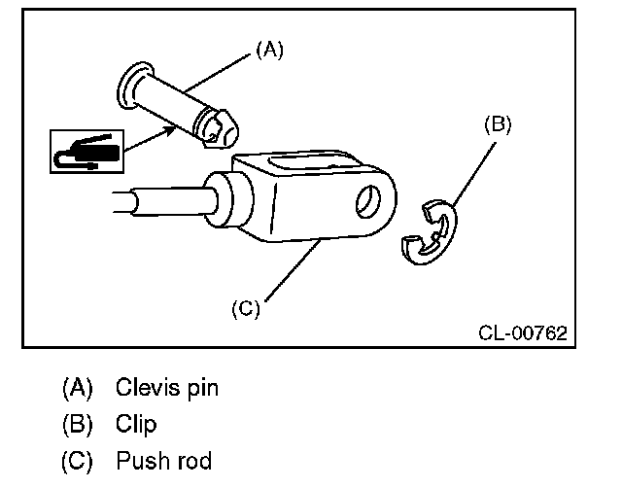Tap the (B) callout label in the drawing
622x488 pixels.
(497, 124)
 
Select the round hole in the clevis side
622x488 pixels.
(370, 202)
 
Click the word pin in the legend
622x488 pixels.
(202, 389)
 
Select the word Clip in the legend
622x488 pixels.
(135, 425)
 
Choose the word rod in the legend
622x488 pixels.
(193, 460)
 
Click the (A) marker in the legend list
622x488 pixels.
(77, 389)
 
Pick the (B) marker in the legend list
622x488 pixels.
(77, 425)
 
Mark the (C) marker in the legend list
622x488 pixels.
(77, 460)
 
